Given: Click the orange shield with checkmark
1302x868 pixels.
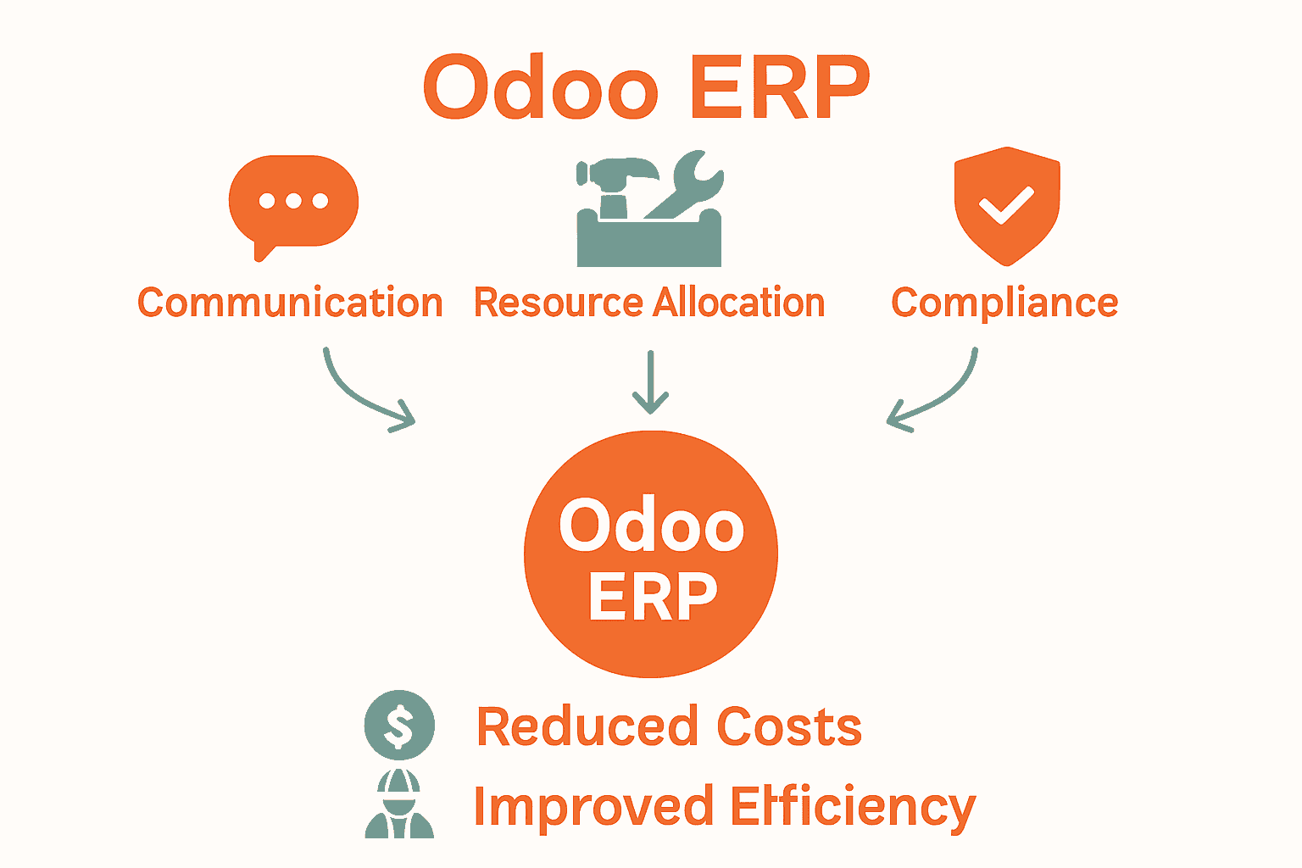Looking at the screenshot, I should pyautogui.click(x=1006, y=205).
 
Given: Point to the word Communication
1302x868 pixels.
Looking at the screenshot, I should pyautogui.click(x=290, y=303).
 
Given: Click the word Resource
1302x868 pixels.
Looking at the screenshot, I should pyautogui.click(x=558, y=303).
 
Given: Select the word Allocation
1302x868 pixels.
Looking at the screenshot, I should pyautogui.click(x=739, y=303).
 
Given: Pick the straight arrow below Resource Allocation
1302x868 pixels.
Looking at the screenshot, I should pyautogui.click(x=650, y=381).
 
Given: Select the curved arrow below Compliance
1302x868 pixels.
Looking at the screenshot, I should pyautogui.click(x=937, y=394).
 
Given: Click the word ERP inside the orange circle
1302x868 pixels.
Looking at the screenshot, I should pyautogui.click(x=652, y=597).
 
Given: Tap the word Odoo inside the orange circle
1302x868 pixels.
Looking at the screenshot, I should pyautogui.click(x=651, y=526).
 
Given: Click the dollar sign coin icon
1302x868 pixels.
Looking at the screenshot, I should pyautogui.click(x=399, y=726).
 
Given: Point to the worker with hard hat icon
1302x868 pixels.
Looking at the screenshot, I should pyautogui.click(x=399, y=805).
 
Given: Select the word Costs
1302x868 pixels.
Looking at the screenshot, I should pyautogui.click(x=789, y=727).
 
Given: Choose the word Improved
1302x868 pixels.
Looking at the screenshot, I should pyautogui.click(x=593, y=807).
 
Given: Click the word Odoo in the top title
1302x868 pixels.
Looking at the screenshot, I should pyautogui.click(x=541, y=88).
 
